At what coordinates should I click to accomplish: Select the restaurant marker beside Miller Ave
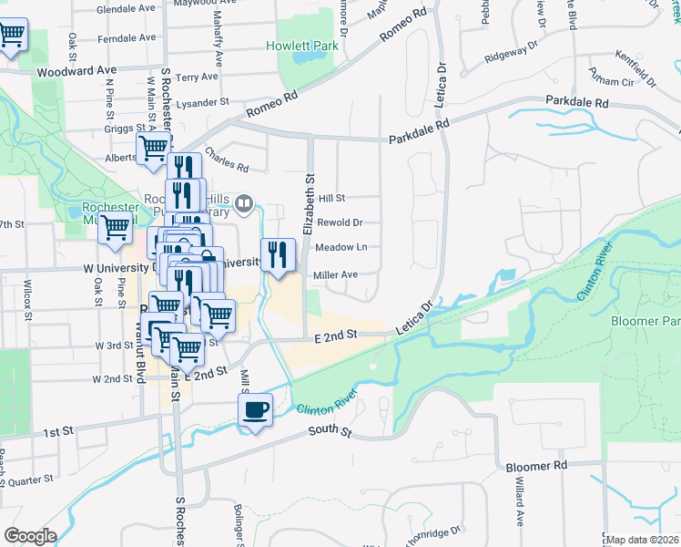(277, 254)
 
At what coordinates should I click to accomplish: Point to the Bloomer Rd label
(536, 465)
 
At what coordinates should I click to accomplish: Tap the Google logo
(29, 536)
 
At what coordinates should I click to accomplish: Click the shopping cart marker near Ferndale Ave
(12, 36)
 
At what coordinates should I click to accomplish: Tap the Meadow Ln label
(341, 247)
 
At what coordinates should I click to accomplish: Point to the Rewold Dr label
(340, 222)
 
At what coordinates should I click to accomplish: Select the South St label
(329, 430)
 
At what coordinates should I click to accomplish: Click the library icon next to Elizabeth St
(243, 204)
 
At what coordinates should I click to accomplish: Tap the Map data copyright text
(643, 540)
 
